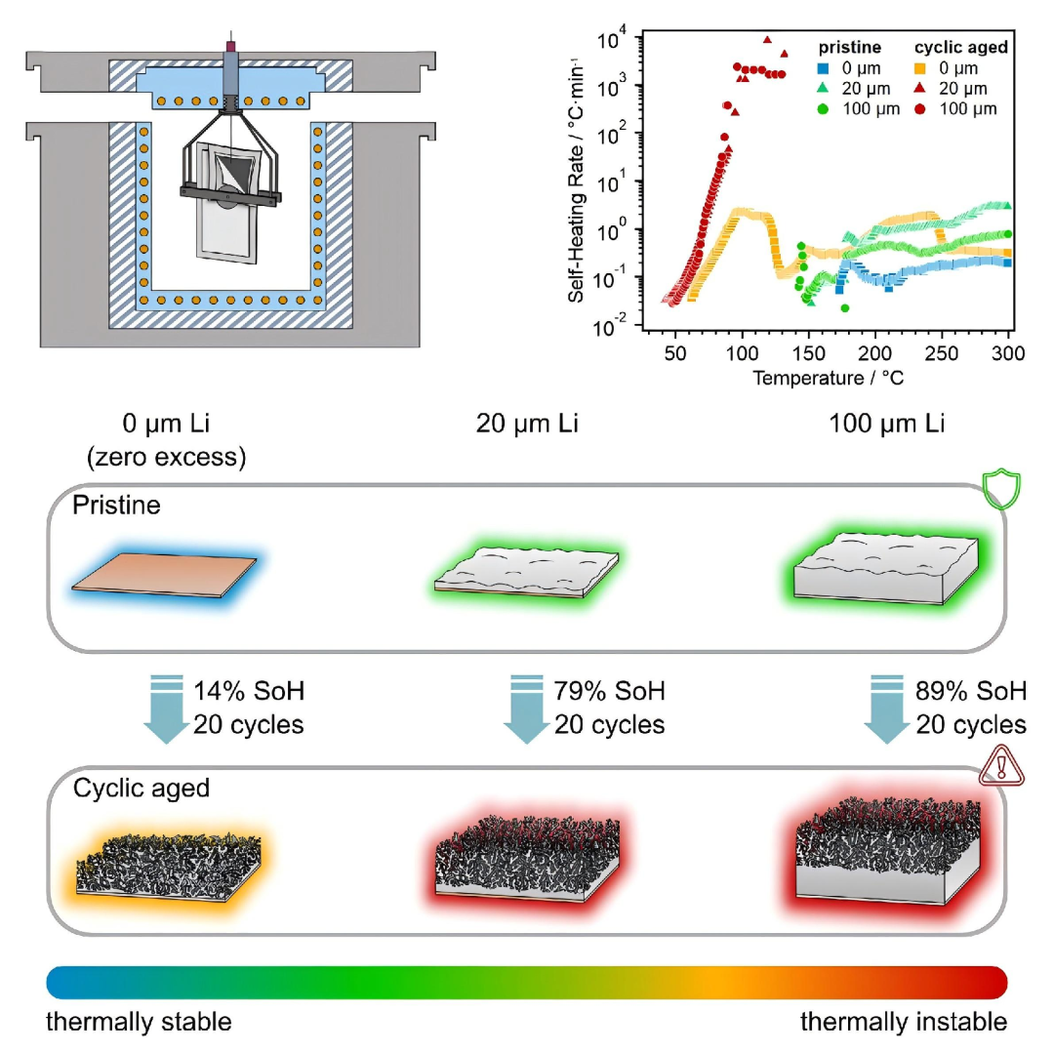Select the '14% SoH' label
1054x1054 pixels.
coord(248,692)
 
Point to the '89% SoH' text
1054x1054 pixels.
coord(971,692)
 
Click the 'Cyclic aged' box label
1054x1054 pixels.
coord(142,787)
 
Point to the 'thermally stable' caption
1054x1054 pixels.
coord(140,1022)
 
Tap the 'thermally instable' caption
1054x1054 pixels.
coord(904,1022)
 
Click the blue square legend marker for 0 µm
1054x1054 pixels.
coord(823,68)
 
